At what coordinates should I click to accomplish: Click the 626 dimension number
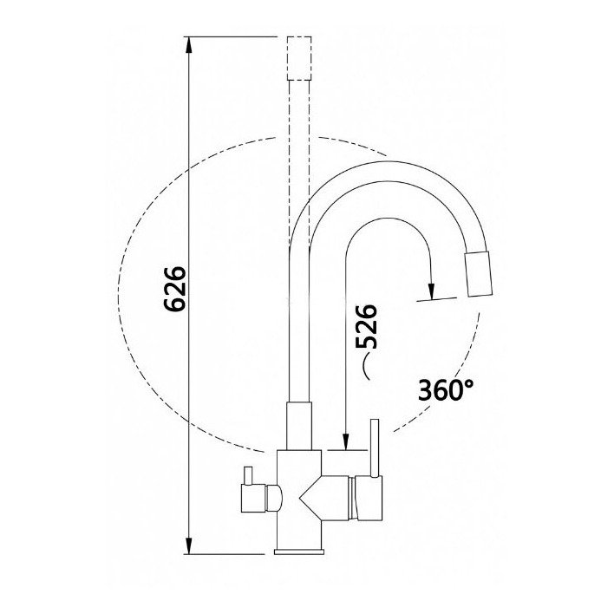tap(174, 289)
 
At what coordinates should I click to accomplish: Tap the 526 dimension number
tap(366, 326)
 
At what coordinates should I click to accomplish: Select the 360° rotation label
tap(446, 389)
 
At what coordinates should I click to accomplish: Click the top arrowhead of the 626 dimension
tap(188, 45)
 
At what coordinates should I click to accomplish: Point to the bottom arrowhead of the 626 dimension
tap(188, 545)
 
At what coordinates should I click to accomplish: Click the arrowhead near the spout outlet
tap(431, 291)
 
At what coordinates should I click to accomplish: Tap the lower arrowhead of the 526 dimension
tap(345, 441)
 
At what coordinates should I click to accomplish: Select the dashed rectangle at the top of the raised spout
tap(299, 58)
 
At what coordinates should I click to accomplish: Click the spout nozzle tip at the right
tap(478, 274)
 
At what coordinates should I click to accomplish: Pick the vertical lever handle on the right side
tap(375, 448)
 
